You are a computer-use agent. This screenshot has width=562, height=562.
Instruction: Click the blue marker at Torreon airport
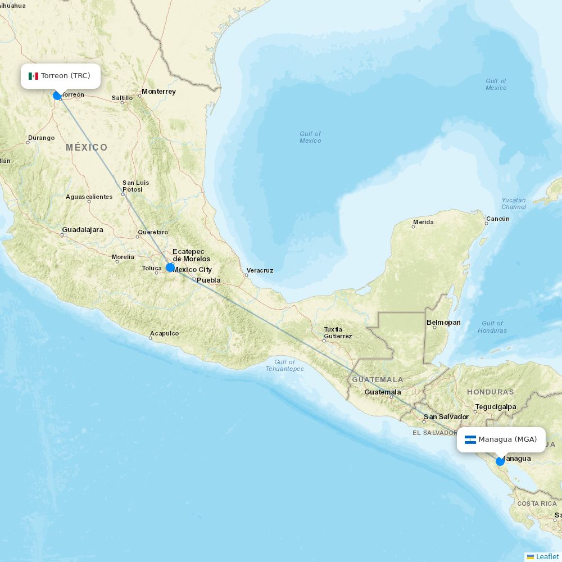point(57,96)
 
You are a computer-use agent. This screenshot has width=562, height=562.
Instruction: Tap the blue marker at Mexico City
point(170,268)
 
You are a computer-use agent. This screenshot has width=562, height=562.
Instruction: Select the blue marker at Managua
point(500,461)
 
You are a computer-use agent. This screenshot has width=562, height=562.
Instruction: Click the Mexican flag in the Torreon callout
point(33,76)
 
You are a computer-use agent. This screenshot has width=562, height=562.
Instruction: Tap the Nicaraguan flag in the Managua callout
point(470,439)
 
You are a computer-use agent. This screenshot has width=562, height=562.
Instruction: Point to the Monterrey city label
point(158,92)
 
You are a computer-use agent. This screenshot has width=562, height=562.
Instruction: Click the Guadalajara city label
point(83,230)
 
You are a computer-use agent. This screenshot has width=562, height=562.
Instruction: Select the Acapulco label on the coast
point(164,334)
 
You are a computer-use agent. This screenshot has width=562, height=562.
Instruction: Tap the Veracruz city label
point(260,271)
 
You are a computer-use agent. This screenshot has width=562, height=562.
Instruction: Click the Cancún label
point(498,219)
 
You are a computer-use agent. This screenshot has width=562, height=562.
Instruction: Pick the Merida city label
point(423,223)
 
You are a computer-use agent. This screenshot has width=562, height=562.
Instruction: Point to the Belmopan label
point(443,323)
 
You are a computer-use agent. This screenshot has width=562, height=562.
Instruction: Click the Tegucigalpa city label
point(496,407)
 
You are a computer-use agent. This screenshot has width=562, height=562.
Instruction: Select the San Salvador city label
point(446,417)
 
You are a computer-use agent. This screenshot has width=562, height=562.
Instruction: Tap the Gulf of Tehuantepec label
point(285,365)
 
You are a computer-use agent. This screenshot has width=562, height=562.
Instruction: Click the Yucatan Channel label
point(514,203)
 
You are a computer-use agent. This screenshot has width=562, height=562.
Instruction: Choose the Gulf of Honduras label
point(492,327)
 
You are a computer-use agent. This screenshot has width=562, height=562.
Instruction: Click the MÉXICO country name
point(87,148)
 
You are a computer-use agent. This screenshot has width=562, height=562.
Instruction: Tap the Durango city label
point(42,138)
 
